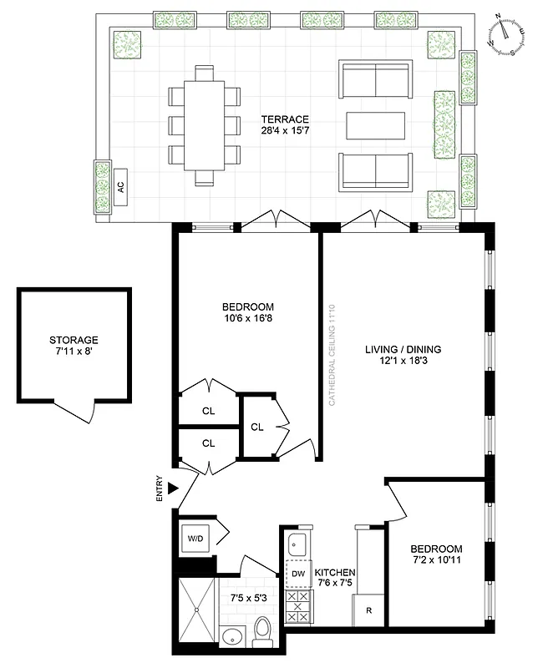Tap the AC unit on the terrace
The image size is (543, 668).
pyautogui.click(x=121, y=186)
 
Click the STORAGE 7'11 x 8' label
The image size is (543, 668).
pyautogui.click(x=74, y=346)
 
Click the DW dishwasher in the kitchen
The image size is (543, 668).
pyautogui.click(x=298, y=574)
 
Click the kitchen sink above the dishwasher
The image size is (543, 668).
pyautogui.click(x=297, y=545)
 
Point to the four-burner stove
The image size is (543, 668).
pyautogui.click(x=297, y=606)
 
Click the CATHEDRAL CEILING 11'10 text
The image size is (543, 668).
pyautogui.click(x=332, y=355)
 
